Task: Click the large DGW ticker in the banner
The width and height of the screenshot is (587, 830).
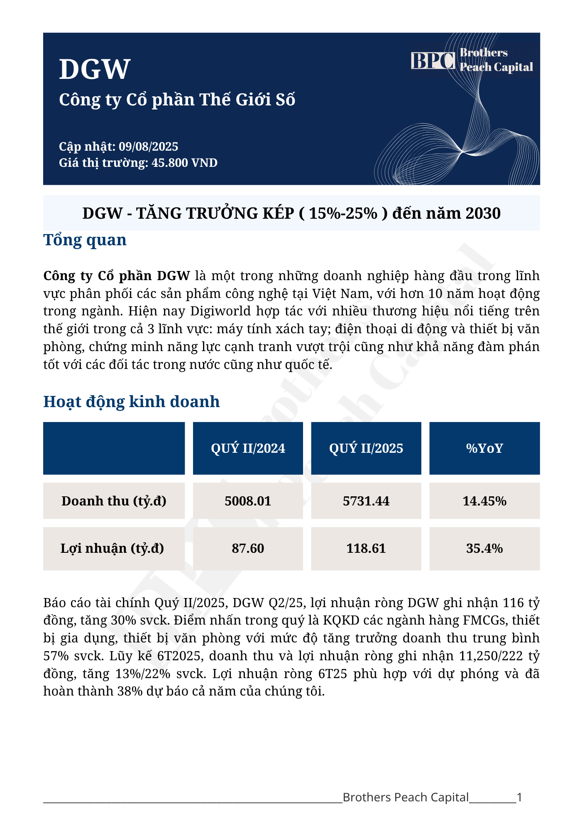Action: click(x=95, y=69)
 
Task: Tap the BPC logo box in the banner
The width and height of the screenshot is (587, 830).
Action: click(x=433, y=61)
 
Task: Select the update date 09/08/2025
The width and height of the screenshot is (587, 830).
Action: click(x=148, y=146)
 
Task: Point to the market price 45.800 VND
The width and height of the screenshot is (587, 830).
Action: click(x=184, y=163)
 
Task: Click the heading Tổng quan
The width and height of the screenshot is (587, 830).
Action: click(x=85, y=240)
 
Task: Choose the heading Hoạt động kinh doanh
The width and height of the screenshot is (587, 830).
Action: click(x=131, y=402)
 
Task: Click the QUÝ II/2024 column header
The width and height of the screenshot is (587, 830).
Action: click(x=248, y=448)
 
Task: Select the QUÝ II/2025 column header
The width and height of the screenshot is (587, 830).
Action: click(x=366, y=448)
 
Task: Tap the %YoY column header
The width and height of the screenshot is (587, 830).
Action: click(x=484, y=448)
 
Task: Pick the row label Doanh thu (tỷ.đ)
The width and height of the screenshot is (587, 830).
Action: click(x=114, y=501)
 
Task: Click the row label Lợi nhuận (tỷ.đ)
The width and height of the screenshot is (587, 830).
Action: click(x=112, y=548)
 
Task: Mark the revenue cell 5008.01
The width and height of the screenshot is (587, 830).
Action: click(x=248, y=501)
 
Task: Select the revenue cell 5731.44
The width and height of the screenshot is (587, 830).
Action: click(x=366, y=501)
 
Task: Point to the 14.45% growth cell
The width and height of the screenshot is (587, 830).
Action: click(x=484, y=501)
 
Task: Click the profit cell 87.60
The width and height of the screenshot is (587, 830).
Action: click(x=248, y=548)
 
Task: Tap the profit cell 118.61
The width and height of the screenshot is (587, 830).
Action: click(x=366, y=548)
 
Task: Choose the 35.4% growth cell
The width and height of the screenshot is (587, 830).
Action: click(x=484, y=548)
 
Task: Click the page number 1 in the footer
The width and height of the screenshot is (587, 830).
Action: click(x=519, y=797)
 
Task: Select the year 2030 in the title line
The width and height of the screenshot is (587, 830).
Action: click(x=483, y=213)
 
